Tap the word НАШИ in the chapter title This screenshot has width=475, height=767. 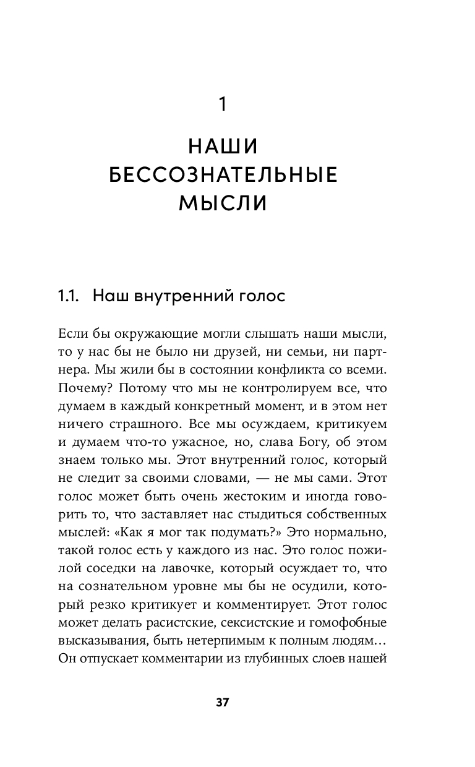[223, 147]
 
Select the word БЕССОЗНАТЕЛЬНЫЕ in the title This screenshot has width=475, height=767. [223, 175]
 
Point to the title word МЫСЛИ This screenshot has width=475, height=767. [223, 203]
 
